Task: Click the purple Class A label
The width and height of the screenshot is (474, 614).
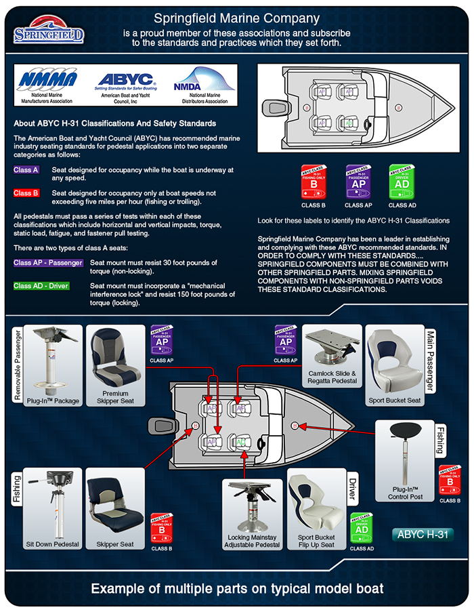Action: [x=26, y=170]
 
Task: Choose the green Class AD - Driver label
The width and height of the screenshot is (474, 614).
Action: [x=41, y=285]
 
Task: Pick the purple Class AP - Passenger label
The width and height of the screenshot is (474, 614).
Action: [x=48, y=262]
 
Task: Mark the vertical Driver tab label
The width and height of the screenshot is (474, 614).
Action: [x=351, y=490]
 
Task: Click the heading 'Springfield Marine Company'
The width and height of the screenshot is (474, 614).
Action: [x=236, y=18]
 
